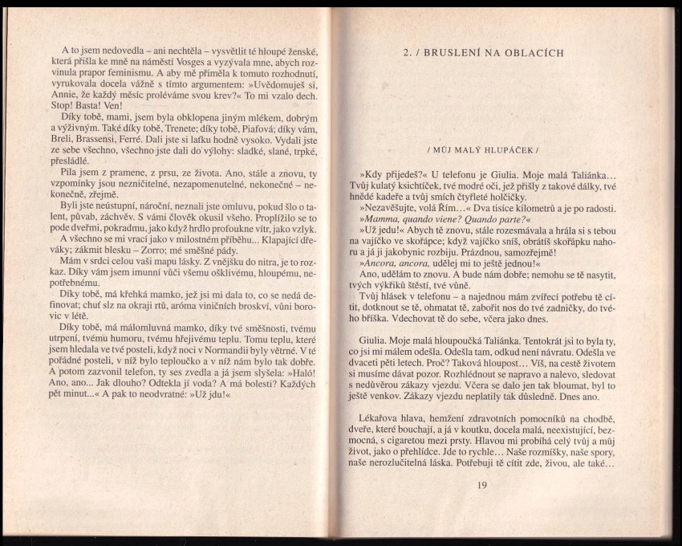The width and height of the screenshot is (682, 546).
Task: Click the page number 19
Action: point(481,484)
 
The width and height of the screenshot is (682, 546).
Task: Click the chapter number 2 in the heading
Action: point(407,53)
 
